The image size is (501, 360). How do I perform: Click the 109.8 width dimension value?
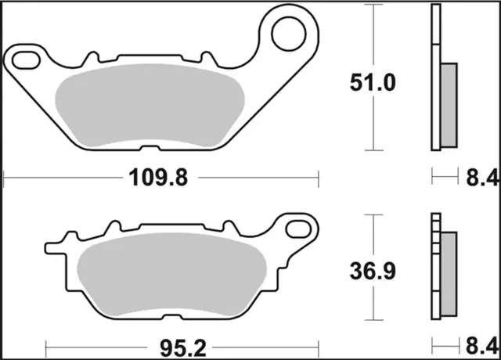(159, 179)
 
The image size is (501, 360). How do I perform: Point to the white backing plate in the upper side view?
(436, 78)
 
